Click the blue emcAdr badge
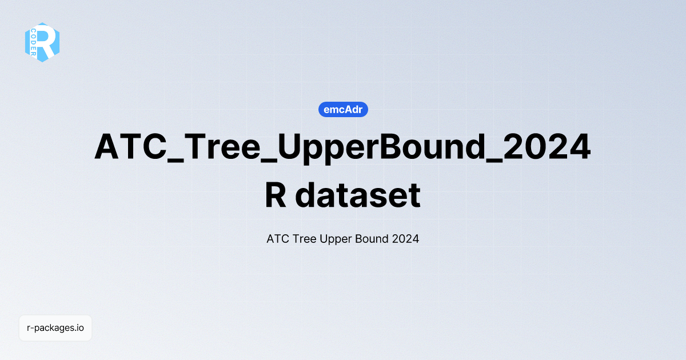(343, 110)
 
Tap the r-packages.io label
(55, 328)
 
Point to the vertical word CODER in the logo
(33, 42)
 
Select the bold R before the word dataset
(277, 195)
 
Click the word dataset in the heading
(358, 195)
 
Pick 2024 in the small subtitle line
(406, 239)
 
